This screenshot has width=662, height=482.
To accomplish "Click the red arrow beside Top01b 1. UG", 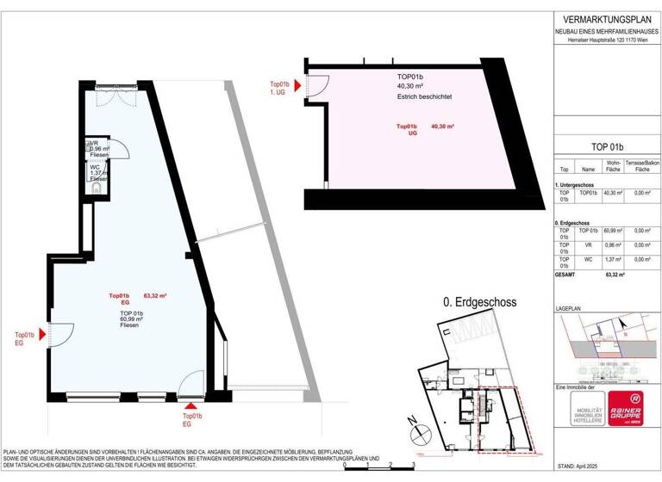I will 297,85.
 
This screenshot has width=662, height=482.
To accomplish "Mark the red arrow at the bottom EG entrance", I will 191,405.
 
